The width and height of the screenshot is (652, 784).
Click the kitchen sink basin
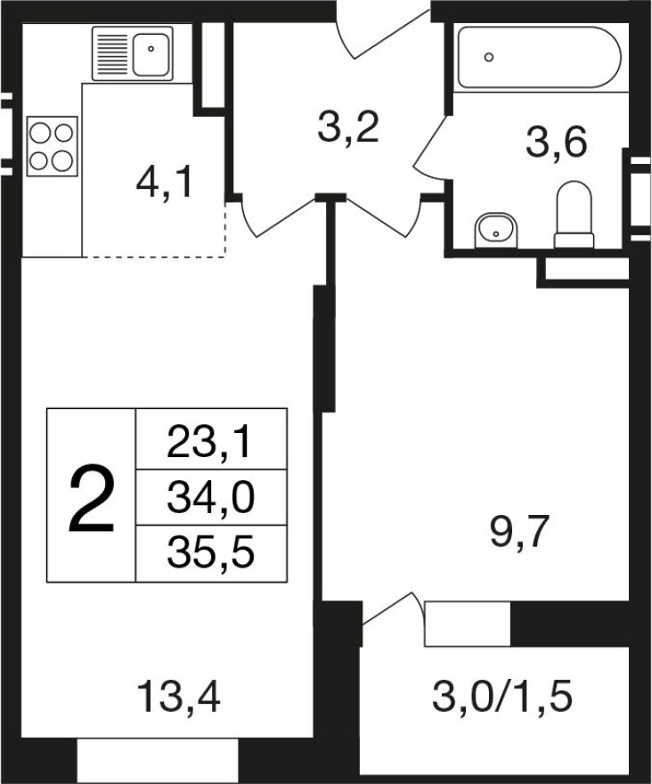tap(151, 54)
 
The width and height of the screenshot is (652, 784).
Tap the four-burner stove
tap(52, 146)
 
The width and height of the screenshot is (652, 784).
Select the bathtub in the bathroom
tap(540, 57)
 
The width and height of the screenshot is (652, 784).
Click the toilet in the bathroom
tap(574, 215)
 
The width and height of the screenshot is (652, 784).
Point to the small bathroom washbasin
tap(496, 231)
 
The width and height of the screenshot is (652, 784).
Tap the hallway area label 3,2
tap(348, 128)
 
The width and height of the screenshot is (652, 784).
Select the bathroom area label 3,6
tap(556, 142)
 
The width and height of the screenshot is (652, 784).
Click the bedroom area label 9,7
tap(520, 533)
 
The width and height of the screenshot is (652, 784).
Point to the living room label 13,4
tap(178, 697)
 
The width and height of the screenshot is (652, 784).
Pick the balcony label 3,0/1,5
tap(502, 697)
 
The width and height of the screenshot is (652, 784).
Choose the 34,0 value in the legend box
tap(211, 498)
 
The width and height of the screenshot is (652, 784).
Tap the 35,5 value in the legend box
tap(211, 553)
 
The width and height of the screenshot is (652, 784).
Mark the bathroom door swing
tap(429, 145)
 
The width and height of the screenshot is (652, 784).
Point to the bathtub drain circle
tap(489, 57)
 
